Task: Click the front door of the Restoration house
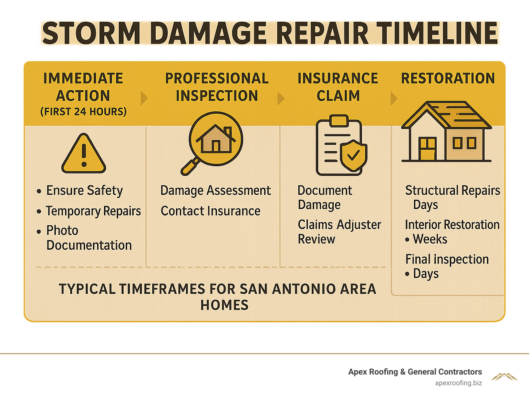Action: (x=427, y=149)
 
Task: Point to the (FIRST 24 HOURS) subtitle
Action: (x=83, y=112)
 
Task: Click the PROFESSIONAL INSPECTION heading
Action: (x=217, y=87)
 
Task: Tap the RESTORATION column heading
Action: (x=448, y=78)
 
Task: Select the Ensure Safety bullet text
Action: (x=84, y=191)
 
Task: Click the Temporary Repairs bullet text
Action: (x=93, y=211)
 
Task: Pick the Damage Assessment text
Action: (x=216, y=191)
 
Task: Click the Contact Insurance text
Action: (x=210, y=211)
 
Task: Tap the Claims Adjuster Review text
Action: (x=339, y=232)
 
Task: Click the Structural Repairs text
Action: (x=452, y=190)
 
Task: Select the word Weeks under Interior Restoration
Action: (x=430, y=239)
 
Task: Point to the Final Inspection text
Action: (x=447, y=259)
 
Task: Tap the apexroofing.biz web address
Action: (x=458, y=383)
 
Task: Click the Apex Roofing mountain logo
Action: (x=504, y=377)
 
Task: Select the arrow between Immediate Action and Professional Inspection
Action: (x=144, y=98)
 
